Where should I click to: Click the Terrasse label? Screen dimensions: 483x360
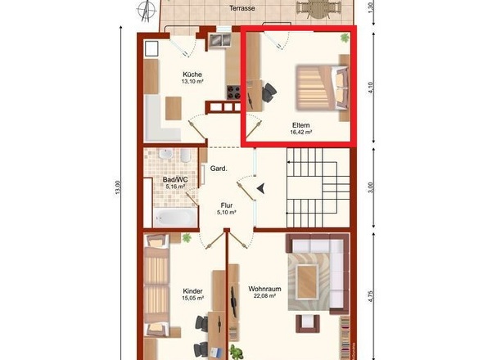[241, 8]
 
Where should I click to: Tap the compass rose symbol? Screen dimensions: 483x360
[147, 11]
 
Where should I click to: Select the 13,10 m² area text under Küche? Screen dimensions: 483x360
[192, 82]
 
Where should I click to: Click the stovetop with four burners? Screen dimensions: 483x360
[234, 92]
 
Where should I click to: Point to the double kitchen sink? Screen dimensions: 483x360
[220, 40]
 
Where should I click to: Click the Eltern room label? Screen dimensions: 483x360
[301, 125]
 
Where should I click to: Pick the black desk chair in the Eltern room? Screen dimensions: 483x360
[269, 92]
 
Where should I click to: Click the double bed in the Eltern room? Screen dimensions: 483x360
[323, 88]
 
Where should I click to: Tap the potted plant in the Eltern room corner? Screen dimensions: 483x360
[345, 38]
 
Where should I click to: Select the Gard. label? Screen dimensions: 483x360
[219, 169]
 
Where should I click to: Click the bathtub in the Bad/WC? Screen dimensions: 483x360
[175, 218]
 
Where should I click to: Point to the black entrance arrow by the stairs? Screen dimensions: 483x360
[261, 188]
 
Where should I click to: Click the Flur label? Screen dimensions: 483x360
[227, 205]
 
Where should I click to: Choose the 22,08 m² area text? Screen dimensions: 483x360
[264, 296]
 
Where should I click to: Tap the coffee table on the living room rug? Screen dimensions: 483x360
[308, 281]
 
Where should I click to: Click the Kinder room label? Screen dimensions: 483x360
[193, 291]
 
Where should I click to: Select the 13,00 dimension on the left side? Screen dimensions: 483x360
[117, 187]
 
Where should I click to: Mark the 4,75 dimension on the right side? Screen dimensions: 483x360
[371, 296]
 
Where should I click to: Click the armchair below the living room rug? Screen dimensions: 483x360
[308, 323]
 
